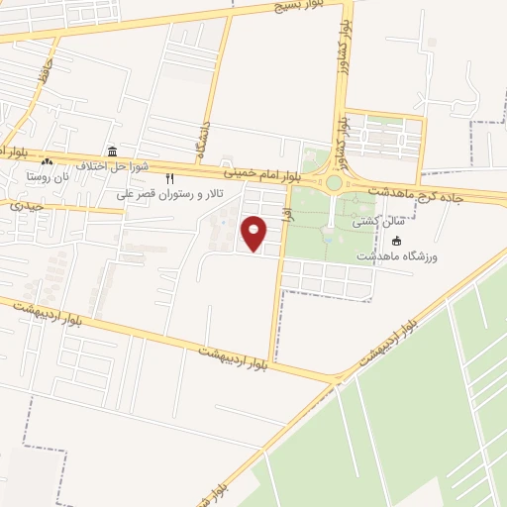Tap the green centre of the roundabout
335,183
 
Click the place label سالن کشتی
369,223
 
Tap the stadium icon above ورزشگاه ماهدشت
397,241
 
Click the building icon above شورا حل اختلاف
112,152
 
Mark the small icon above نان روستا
47,161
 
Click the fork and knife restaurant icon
169,179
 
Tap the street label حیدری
26,205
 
